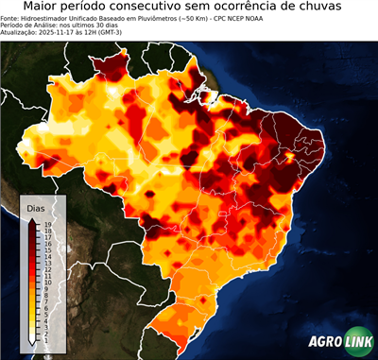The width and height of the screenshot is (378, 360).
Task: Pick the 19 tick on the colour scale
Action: point(47,224)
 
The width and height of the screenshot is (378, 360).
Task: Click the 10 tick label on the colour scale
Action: point(47,282)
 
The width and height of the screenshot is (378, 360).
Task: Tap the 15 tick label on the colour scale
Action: point(47,249)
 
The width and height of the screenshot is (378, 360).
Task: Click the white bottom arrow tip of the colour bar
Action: point(33,338)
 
